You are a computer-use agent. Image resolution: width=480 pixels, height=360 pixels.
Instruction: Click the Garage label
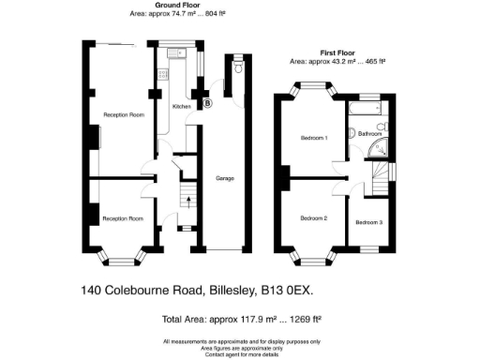pos(224,178)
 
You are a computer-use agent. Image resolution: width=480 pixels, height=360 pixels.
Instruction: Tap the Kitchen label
pos(181,107)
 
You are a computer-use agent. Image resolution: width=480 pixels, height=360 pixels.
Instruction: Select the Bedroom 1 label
pos(313,139)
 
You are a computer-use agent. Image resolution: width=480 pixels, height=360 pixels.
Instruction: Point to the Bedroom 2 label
pos(313,218)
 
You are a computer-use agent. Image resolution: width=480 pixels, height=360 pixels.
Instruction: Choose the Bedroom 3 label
pos(368,222)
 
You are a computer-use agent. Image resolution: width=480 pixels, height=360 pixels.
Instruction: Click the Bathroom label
pos(371,134)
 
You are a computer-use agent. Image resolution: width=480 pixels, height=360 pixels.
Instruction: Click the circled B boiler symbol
pos(208,102)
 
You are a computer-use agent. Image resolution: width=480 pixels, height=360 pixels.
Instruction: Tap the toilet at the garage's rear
pos(238,67)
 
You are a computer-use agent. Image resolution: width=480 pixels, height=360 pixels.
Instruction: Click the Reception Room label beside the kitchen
pos(123,115)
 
